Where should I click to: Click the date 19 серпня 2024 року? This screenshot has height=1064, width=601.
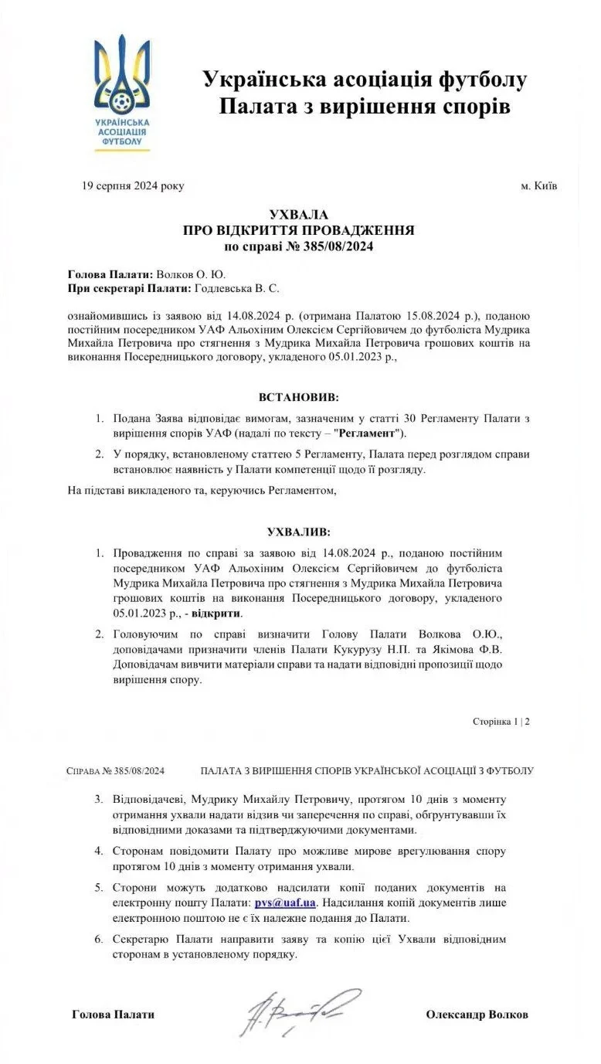click(x=133, y=186)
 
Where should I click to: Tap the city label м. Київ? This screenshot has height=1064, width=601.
click(x=539, y=186)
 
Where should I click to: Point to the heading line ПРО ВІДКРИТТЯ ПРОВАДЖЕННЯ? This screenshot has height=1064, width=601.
click(x=299, y=230)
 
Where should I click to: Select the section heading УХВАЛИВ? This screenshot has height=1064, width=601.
click(x=299, y=532)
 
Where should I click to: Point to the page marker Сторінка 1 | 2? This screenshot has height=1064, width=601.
click(x=501, y=722)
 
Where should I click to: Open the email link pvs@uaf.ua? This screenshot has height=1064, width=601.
click(x=285, y=903)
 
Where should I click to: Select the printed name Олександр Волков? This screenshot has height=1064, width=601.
click(x=477, y=1015)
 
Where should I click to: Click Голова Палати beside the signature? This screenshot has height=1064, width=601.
click(x=113, y=1015)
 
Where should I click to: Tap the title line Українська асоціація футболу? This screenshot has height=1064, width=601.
click(x=365, y=79)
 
